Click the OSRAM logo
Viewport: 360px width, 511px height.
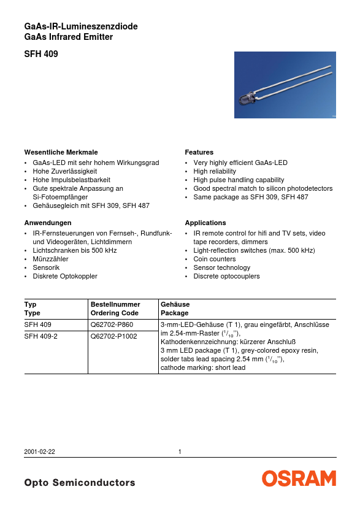[x=300, y=479]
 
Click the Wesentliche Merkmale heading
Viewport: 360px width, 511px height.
[x=61, y=152]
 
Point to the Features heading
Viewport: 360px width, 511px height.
[x=199, y=152]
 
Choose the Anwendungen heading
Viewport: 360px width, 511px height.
[x=48, y=223]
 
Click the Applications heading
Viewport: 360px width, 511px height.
[x=205, y=223]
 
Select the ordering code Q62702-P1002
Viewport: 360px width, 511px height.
[x=113, y=336]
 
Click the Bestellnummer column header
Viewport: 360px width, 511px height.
[x=115, y=304]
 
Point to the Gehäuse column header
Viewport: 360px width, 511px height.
[x=175, y=304]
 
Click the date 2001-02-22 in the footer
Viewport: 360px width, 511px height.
[x=40, y=452]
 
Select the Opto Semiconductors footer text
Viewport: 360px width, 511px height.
[x=80, y=483]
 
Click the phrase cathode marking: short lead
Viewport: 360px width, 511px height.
[x=202, y=367]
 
